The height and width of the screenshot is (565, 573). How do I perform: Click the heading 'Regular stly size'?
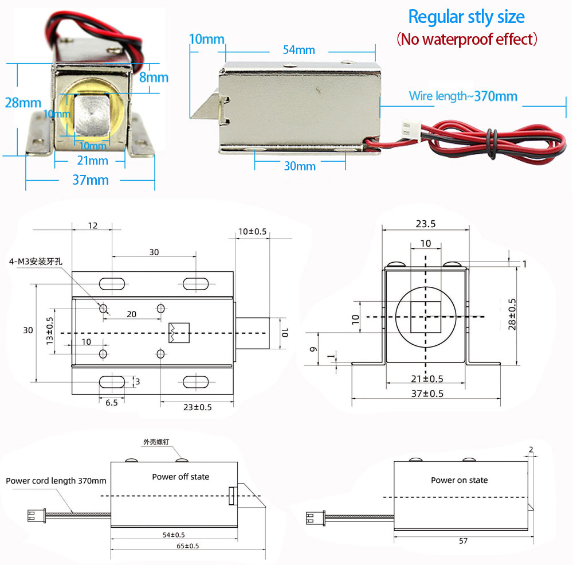[x=466, y=17]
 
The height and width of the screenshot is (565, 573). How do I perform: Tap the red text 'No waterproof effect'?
[x=466, y=39]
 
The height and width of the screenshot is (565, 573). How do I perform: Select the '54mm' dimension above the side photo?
[x=299, y=50]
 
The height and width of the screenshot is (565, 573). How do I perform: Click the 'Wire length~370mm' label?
[x=463, y=96]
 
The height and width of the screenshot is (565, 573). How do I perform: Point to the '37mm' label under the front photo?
[x=90, y=180]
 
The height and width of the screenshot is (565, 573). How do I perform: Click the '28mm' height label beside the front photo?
[x=23, y=103]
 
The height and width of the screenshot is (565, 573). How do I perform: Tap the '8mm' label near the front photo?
[x=154, y=77]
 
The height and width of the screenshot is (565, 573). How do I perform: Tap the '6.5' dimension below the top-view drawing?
[x=111, y=403]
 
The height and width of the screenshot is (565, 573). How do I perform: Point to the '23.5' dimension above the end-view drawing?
[x=425, y=224]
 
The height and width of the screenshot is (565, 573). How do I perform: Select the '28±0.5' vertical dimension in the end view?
[x=512, y=314]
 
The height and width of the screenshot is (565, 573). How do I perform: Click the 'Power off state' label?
[x=180, y=477]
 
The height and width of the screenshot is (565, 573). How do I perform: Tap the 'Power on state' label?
[x=459, y=480]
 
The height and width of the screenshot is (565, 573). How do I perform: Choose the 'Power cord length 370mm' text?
[x=56, y=481]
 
